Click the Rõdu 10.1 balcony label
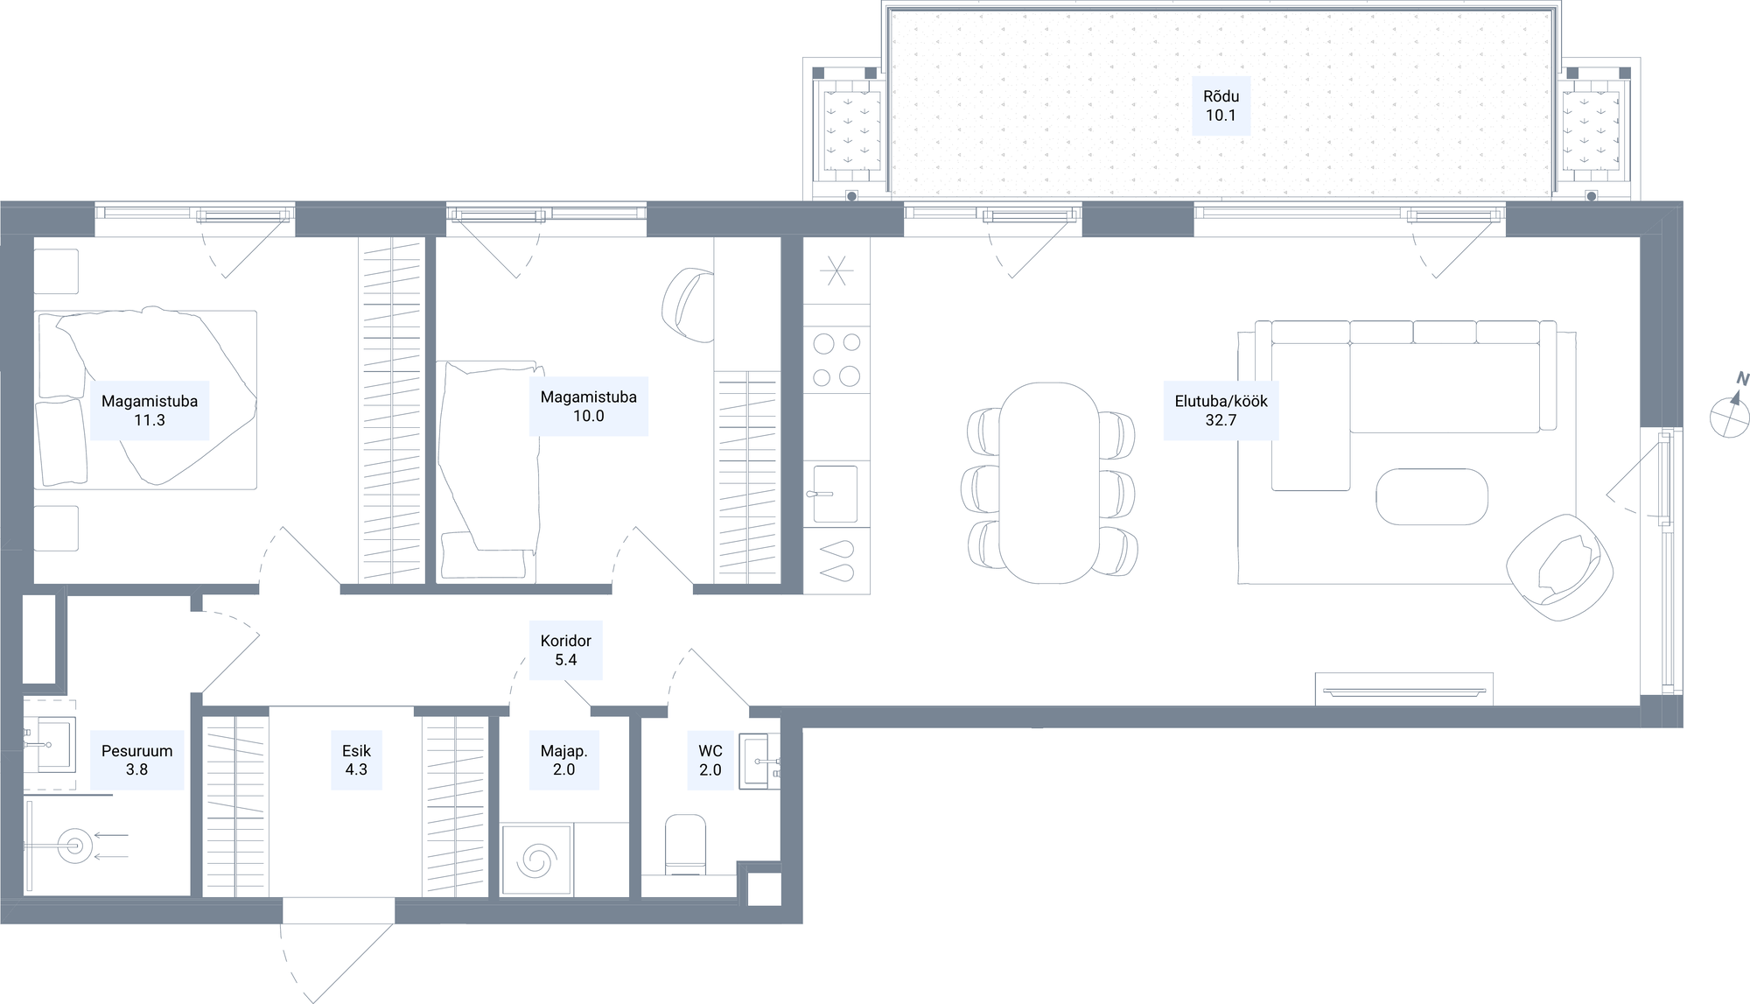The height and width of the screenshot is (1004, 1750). click(1221, 106)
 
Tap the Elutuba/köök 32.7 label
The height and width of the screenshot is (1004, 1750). click(1221, 411)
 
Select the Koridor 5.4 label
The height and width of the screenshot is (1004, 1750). click(566, 650)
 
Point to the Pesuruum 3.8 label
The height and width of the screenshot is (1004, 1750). click(137, 760)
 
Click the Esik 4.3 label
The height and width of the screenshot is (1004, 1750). click(356, 760)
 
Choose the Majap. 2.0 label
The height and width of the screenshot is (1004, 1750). click(564, 760)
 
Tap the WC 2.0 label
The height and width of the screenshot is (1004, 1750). click(710, 760)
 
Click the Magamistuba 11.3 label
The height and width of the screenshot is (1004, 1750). click(150, 411)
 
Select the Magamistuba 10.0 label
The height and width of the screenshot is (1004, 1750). click(589, 406)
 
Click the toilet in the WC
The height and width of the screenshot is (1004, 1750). click(686, 845)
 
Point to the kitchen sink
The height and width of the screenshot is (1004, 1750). click(836, 494)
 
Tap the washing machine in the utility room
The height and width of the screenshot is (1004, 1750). click(537, 860)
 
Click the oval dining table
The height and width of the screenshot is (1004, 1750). click(1049, 482)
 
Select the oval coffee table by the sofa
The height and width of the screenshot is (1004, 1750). click(1431, 497)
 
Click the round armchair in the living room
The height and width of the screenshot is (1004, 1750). click(1560, 567)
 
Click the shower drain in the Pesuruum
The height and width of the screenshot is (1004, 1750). click(74, 846)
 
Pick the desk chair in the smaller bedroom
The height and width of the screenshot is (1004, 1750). click(689, 305)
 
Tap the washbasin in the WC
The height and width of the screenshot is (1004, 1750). click(759, 762)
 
